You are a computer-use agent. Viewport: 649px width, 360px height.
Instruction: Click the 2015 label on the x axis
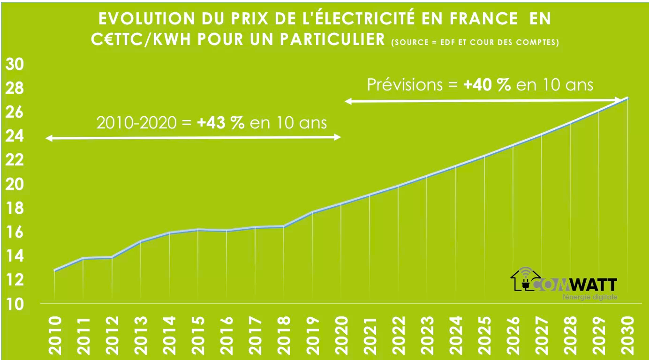point(198,334)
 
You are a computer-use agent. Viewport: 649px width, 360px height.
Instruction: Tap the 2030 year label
point(627,334)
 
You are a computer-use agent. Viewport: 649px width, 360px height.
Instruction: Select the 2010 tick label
point(55,334)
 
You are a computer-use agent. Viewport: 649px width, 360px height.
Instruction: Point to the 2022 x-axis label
point(398,334)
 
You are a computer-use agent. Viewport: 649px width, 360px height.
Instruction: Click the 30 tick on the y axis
point(15,65)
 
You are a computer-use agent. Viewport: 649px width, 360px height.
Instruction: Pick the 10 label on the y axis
point(15,304)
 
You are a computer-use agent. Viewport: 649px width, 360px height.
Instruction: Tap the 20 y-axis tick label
point(15,184)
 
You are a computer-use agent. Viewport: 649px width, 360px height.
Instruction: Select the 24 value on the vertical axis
point(15,136)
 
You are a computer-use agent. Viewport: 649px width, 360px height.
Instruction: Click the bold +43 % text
point(221,123)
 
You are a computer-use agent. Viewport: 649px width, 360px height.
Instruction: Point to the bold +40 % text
point(487,85)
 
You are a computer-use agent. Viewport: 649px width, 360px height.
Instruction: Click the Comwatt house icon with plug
point(522,280)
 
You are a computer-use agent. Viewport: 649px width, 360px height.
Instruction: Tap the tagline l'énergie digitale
point(589,297)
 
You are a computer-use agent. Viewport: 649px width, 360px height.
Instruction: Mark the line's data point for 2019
point(312,212)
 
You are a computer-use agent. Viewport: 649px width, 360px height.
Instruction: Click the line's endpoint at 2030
point(627,98)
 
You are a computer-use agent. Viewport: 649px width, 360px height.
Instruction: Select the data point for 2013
point(141,241)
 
